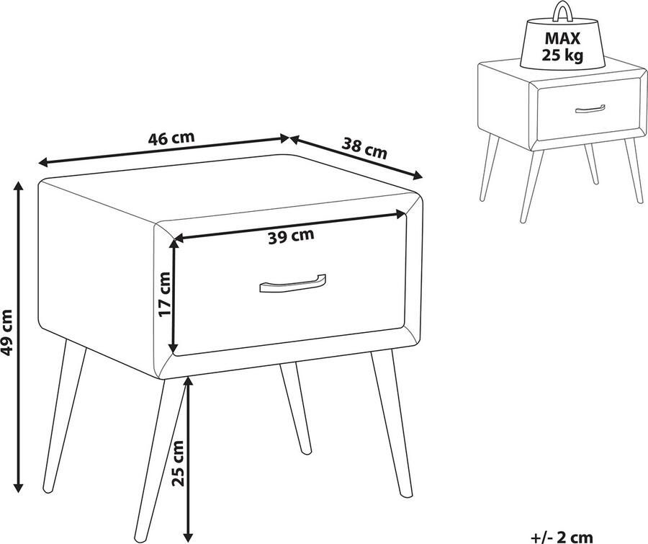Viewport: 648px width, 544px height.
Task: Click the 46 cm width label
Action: point(171,138)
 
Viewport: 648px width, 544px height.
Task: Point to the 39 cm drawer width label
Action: point(291,236)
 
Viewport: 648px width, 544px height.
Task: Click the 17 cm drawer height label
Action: point(164,294)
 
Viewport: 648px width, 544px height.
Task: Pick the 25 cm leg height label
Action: point(178,463)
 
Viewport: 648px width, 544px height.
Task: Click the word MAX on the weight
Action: point(562,38)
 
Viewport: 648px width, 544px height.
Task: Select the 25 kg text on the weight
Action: point(562,55)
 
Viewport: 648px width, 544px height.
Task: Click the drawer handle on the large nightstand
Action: point(292,284)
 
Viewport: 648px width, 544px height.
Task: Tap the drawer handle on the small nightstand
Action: point(590,109)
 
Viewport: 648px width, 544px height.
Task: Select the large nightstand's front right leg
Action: point(392,424)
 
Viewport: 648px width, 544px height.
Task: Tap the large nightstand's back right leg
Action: point(295,409)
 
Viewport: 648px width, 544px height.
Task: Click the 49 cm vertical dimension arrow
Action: point(18,336)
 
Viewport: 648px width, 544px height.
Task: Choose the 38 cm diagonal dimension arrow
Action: point(356,157)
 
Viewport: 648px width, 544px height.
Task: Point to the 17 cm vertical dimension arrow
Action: point(174,296)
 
